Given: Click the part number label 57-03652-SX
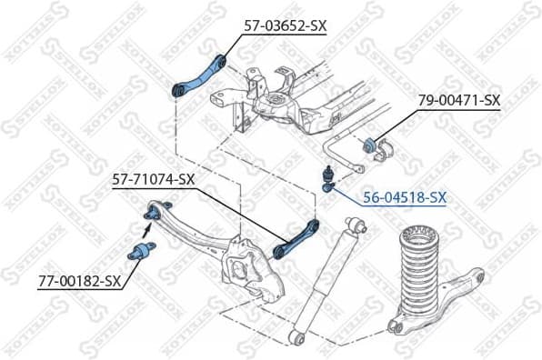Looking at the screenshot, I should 285,25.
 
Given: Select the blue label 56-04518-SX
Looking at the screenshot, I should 404,196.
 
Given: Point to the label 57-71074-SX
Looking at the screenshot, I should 154,179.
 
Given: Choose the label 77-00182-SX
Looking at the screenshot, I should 80,282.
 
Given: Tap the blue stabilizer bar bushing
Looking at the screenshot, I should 371,144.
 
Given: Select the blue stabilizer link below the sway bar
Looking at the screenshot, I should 327,176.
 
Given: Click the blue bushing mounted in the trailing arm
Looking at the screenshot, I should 154,215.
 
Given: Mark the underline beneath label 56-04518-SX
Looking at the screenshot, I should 400,205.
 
